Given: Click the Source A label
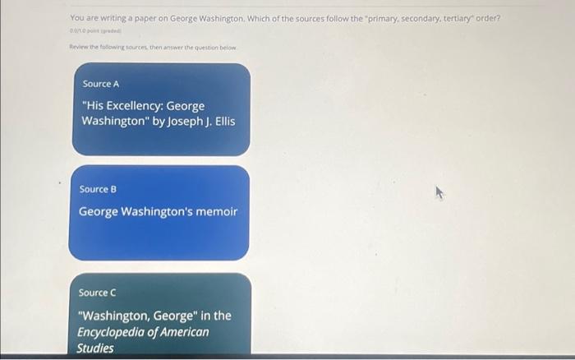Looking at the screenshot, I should pyautogui.click(x=100, y=85).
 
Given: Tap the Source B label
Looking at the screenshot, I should pyautogui.click(x=99, y=189).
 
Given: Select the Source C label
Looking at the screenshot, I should pyautogui.click(x=98, y=293).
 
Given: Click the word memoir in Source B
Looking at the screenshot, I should pyautogui.click(x=218, y=211).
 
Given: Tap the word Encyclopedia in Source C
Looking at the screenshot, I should pyautogui.click(x=110, y=331).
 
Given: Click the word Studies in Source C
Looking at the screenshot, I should pyautogui.click(x=95, y=348).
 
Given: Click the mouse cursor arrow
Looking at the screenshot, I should pyautogui.click(x=439, y=194).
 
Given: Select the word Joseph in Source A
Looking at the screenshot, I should pyautogui.click(x=186, y=121).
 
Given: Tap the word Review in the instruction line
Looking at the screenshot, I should pyautogui.click(x=79, y=48).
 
